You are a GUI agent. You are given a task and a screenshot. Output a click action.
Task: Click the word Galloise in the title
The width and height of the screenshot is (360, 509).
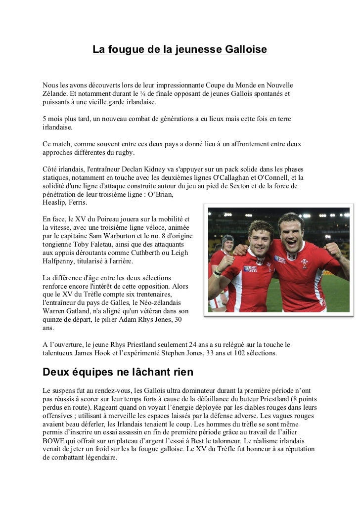(246, 50)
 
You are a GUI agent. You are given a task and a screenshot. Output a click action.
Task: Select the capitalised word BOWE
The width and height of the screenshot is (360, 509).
(55, 441)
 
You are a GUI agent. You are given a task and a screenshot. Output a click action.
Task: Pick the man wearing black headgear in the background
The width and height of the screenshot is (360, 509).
(227, 243)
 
